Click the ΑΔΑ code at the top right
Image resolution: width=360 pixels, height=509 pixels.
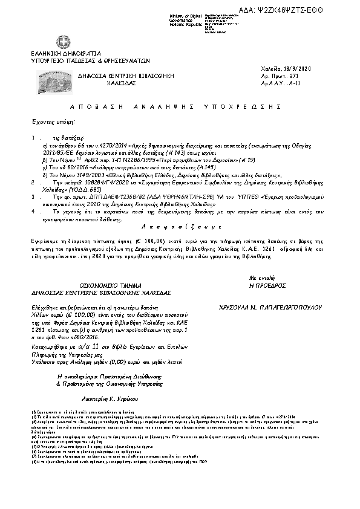[x=314, y=10]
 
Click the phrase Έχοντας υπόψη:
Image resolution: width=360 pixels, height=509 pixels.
[x=48, y=122]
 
